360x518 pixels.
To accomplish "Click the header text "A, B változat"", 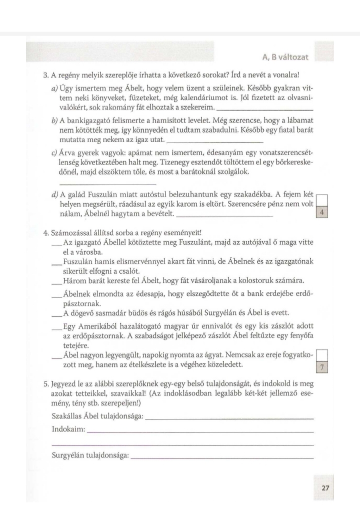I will (x=285, y=57).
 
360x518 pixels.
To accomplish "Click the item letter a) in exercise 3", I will (x=55, y=89).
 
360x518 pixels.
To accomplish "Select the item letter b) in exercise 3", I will (x=55, y=121).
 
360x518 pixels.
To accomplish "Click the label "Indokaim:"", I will (x=68, y=429).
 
